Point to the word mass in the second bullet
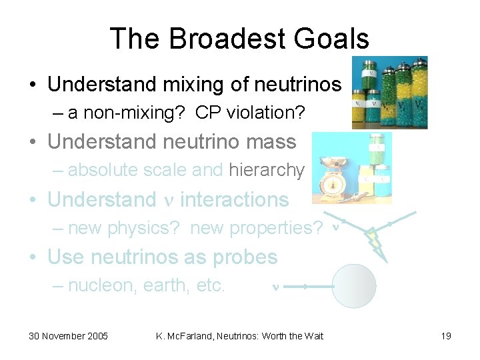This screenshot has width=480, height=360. pos(271,142)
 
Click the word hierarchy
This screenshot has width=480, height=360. pos(266,171)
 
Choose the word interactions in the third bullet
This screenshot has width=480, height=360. pos(234,199)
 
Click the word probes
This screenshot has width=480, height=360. pos(245,257)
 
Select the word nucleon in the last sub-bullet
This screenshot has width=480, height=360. pos(95,286)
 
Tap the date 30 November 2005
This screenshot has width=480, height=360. pos(68,336)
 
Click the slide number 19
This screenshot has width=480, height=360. pos(446,336)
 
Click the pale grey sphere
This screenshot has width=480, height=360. pos(354,286)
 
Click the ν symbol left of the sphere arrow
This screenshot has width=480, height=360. pos(275,287)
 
